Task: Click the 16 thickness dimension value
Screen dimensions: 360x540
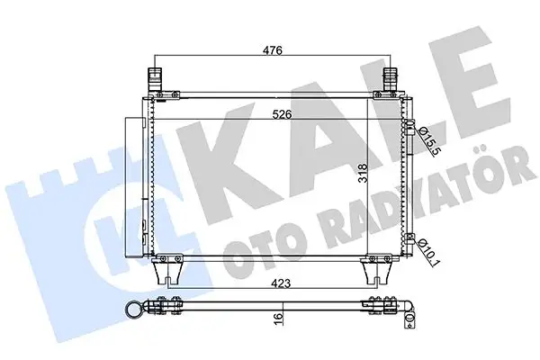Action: click(x=281, y=317)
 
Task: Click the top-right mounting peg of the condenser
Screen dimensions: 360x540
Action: click(x=392, y=76)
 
